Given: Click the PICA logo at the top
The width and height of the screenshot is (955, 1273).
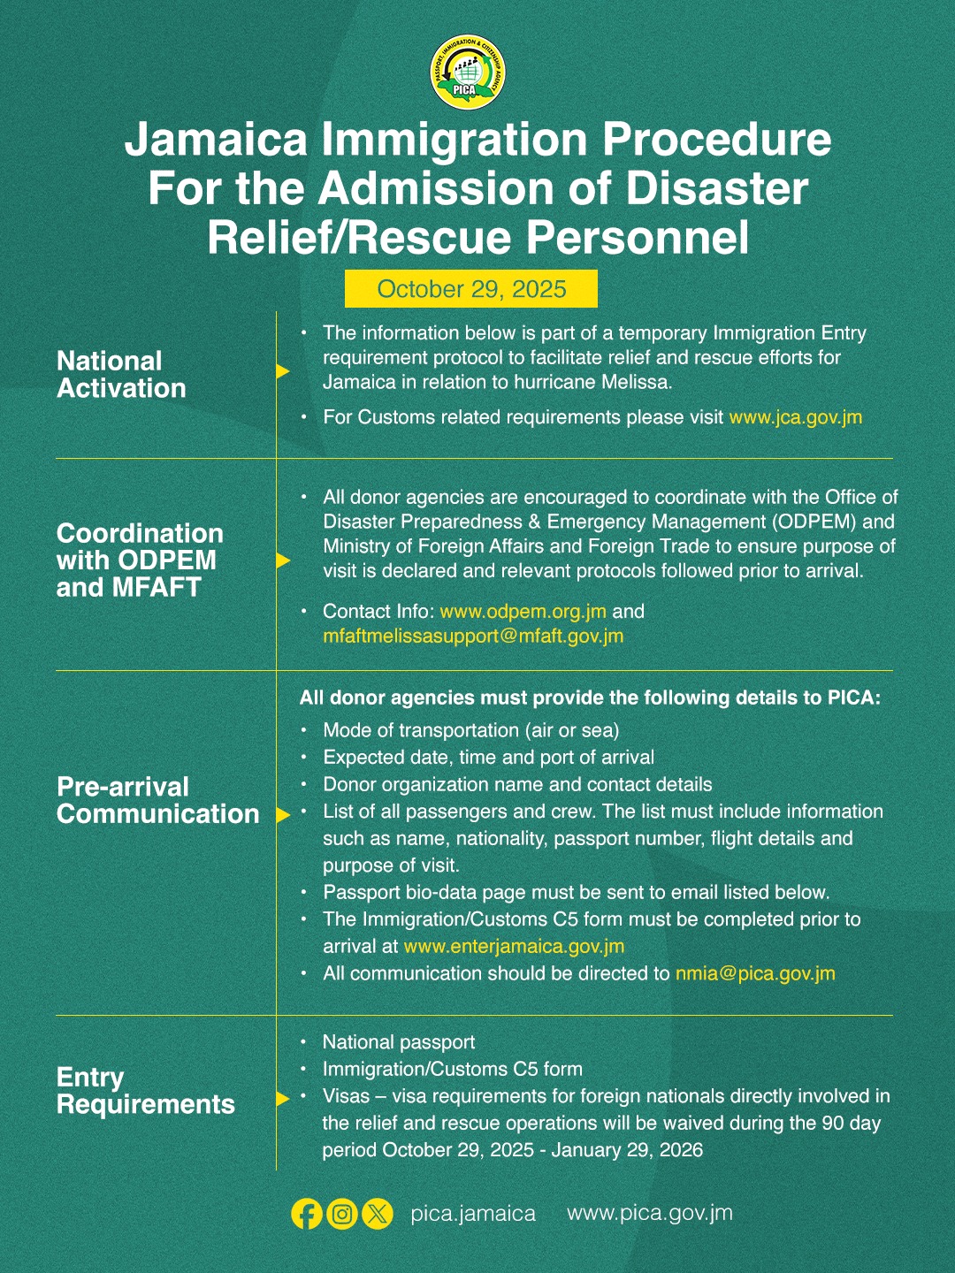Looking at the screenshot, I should click(x=468, y=72).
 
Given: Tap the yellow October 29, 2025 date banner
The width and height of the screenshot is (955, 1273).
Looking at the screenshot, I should click(x=471, y=289).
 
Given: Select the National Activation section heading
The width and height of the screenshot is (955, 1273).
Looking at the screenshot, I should click(x=121, y=374).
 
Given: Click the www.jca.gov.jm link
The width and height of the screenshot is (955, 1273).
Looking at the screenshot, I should click(x=795, y=417).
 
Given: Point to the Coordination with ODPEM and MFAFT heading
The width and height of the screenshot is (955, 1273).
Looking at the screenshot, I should click(x=140, y=560).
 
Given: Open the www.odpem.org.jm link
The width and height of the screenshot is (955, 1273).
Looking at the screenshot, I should click(x=523, y=611).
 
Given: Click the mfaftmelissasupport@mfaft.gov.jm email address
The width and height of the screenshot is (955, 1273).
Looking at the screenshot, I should click(x=473, y=636).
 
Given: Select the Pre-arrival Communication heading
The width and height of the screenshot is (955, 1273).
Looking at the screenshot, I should click(x=157, y=800).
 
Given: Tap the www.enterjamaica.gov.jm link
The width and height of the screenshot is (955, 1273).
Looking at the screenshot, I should click(x=514, y=946).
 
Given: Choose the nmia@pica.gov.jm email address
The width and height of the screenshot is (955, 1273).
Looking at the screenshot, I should click(x=755, y=973).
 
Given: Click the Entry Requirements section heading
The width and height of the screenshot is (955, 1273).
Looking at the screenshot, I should click(x=145, y=1090).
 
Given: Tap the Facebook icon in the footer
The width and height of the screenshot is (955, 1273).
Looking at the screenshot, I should click(x=307, y=1214).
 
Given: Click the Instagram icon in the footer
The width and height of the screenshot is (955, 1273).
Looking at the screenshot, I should click(x=342, y=1214).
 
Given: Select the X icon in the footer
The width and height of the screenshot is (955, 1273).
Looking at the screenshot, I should click(x=378, y=1214).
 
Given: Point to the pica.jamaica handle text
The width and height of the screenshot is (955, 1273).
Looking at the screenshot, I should click(x=473, y=1214).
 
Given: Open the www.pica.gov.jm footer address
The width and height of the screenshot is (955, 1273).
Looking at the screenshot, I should click(x=650, y=1213).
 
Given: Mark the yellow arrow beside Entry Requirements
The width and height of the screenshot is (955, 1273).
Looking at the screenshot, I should click(x=283, y=1099).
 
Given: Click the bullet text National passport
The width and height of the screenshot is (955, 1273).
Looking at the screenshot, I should click(x=399, y=1042).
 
